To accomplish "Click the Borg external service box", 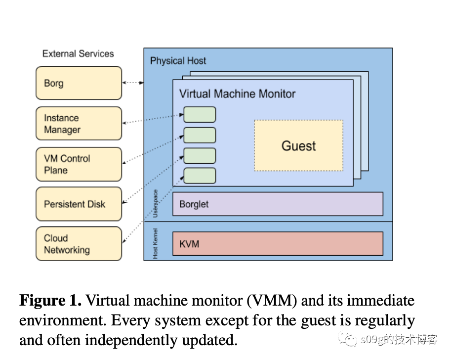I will click(x=79, y=83).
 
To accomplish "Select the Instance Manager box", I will click(x=79, y=124).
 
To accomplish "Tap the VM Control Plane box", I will click(x=79, y=164).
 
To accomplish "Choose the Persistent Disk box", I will click(x=79, y=204).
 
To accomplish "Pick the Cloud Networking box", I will click(x=79, y=244).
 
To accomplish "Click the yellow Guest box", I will click(x=298, y=146).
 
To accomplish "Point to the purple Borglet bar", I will click(x=278, y=204).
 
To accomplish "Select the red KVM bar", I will click(x=278, y=244).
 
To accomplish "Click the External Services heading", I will click(x=78, y=54).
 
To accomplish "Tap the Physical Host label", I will click(x=178, y=61).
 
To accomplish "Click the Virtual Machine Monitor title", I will click(x=237, y=93).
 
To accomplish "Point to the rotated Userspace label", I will click(x=155, y=204).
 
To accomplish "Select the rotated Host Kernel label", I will click(x=155, y=243).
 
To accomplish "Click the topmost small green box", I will click(x=200, y=115).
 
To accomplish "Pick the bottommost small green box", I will click(x=200, y=176).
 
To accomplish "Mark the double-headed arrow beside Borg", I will click(x=132, y=83).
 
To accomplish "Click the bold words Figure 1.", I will click(x=50, y=300).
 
